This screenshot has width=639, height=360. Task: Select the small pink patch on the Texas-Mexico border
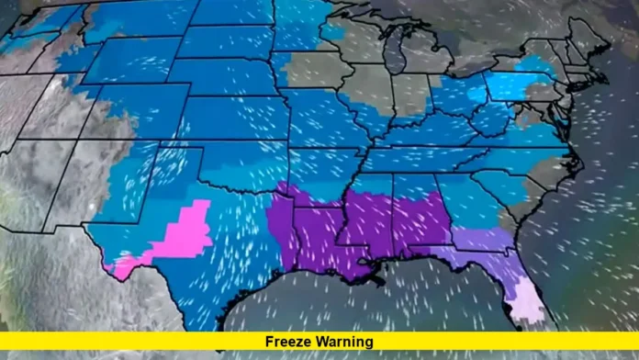[122, 268]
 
